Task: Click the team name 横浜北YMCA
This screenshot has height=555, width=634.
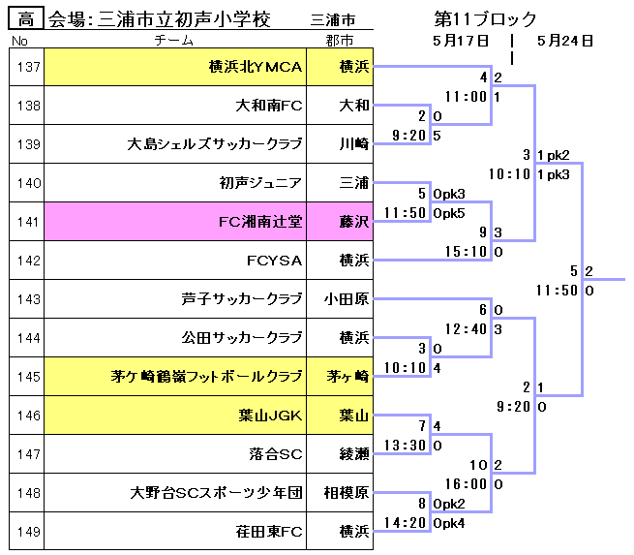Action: tap(256, 67)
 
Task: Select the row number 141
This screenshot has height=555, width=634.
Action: tap(27, 222)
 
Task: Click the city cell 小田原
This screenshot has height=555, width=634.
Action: tap(347, 299)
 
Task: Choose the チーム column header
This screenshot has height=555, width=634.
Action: tap(174, 41)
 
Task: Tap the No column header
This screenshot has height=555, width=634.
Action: tap(19, 41)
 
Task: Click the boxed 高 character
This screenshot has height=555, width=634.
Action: tap(26, 18)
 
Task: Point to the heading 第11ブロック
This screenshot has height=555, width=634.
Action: tap(486, 18)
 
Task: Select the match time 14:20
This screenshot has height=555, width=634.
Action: tap(406, 522)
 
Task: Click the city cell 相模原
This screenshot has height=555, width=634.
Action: tap(347, 493)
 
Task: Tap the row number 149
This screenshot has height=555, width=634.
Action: tap(27, 532)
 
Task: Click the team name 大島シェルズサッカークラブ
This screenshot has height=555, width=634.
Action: tap(215, 144)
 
